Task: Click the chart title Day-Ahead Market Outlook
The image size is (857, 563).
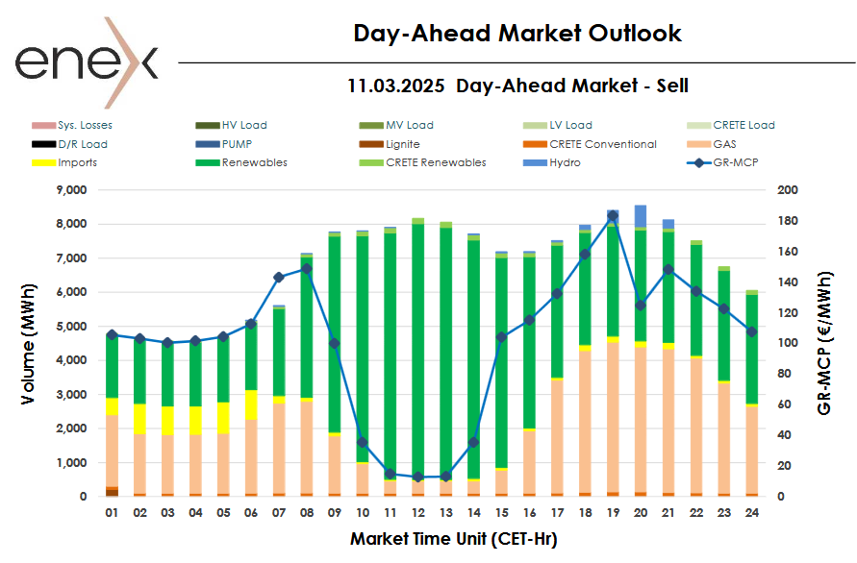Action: tap(517, 34)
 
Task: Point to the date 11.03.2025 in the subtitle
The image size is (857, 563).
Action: tap(395, 86)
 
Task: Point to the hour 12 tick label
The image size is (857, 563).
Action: tap(417, 514)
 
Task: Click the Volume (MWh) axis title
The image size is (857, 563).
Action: tap(31, 343)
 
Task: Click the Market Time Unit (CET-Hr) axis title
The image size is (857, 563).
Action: tap(453, 539)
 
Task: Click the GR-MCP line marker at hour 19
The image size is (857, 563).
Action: tap(612, 216)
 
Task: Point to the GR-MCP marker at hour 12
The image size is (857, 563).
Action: tap(417, 477)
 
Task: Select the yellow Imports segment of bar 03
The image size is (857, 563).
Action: tap(167, 421)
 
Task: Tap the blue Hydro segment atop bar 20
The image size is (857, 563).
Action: tap(640, 216)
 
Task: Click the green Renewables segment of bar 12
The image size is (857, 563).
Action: tap(417, 346)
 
